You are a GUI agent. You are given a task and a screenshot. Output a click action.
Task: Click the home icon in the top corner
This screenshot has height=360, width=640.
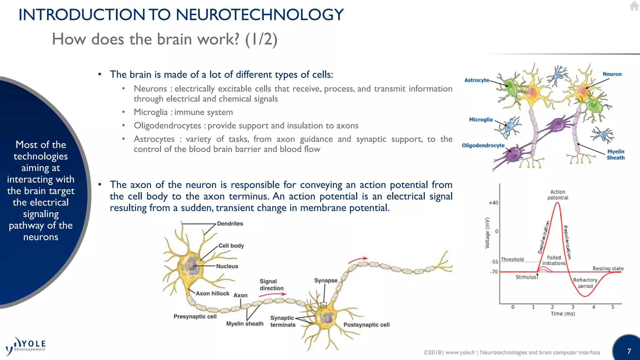point(634,6)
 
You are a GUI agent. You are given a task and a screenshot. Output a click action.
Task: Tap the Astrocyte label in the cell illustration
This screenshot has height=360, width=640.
point(477,80)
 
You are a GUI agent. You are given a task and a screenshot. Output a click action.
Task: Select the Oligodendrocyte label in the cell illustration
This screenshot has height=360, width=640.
point(483,146)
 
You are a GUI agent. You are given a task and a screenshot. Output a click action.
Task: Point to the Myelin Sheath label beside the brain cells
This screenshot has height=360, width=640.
point(615,155)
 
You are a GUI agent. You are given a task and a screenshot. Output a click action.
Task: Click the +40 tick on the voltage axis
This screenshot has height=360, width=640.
point(493,203)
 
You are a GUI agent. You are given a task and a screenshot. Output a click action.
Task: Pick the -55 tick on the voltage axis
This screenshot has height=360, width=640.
point(494,262)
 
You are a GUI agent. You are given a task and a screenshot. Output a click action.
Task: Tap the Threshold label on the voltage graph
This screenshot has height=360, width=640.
point(512,259)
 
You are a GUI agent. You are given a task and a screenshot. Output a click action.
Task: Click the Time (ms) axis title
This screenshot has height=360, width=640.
point(562,314)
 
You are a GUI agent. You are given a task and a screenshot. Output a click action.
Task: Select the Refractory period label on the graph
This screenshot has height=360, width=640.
point(585,283)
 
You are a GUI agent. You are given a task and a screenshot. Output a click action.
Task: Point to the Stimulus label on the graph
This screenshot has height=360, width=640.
point(526,277)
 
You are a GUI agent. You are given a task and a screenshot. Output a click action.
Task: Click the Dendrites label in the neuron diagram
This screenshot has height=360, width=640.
point(230,224)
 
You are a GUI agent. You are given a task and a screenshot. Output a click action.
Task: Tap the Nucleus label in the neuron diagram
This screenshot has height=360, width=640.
point(227,266)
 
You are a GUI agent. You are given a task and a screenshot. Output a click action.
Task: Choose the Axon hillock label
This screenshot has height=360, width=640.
point(212,293)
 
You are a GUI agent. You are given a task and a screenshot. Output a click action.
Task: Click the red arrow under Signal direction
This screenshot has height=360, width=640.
point(272,294)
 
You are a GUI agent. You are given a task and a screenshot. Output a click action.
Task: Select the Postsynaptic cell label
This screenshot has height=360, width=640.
point(366,325)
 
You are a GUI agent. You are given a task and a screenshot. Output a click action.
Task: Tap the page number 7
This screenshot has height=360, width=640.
point(629,351)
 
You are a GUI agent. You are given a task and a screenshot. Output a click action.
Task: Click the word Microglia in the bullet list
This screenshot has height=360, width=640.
point(151,112)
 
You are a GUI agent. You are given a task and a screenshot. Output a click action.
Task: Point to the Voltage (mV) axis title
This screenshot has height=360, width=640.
point(487,233)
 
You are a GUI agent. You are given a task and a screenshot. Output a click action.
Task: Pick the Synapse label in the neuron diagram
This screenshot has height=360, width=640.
point(326,281)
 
